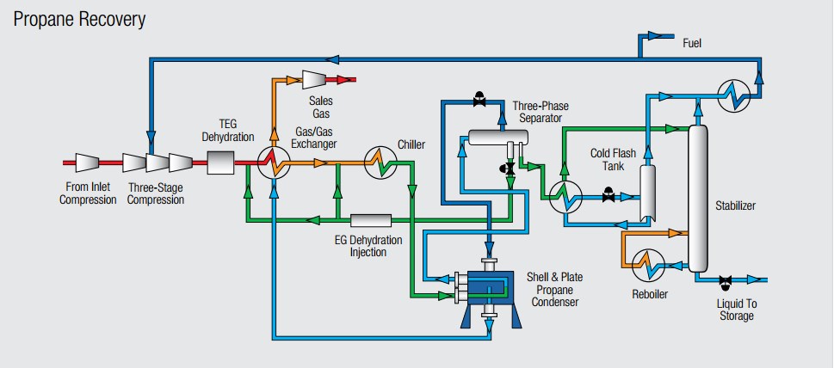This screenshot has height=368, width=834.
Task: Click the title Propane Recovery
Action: click(x=79, y=18)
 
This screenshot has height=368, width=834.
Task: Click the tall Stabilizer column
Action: click(x=697, y=198)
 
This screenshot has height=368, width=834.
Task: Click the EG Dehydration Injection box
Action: click(x=371, y=222)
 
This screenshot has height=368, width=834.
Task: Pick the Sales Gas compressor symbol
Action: click(x=313, y=80)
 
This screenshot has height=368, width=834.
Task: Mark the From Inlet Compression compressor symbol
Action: click(x=90, y=161)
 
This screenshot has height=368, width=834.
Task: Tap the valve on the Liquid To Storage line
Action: click(x=726, y=279)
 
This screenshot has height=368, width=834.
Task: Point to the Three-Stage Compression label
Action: click(x=157, y=193)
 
